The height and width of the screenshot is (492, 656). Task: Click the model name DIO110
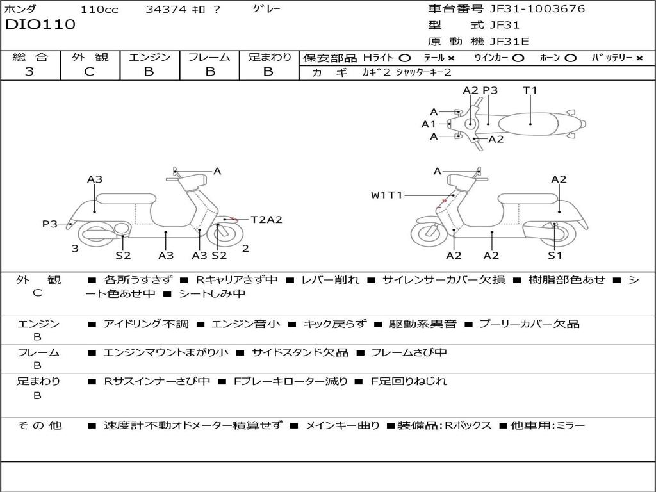[x=40, y=24]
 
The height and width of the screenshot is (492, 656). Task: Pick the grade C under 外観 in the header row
[x=90, y=72]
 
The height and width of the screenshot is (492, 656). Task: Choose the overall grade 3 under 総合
[x=29, y=72]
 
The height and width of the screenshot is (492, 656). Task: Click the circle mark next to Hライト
[x=405, y=58]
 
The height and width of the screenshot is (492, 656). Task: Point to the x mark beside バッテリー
[x=639, y=58]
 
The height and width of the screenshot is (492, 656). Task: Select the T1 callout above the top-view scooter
[x=530, y=90]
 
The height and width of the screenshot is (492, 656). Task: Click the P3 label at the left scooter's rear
[x=50, y=224]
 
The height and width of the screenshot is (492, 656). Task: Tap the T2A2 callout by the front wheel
[x=266, y=220]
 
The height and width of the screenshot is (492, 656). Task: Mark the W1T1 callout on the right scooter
[x=386, y=195]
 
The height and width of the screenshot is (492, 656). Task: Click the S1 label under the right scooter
[x=555, y=255]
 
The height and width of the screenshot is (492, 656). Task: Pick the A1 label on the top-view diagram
[x=429, y=124]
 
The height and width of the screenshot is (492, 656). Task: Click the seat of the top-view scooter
[x=528, y=124]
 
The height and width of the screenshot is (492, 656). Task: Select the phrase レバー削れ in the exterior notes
[x=330, y=280]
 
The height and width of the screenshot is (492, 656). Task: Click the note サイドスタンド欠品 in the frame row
[x=300, y=353]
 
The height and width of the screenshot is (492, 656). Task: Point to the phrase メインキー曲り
[x=342, y=425]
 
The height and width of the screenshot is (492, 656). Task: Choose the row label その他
[x=40, y=425]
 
